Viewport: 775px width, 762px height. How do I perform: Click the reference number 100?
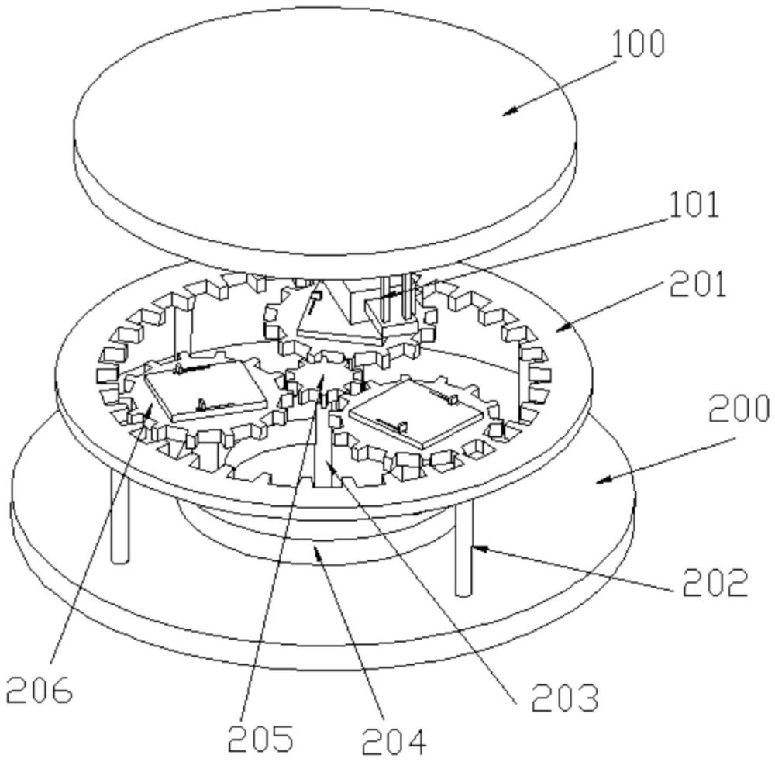[638, 46]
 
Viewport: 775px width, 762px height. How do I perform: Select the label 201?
[700, 286]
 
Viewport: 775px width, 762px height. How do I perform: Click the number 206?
[39, 688]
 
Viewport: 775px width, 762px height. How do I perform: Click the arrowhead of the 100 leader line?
[505, 113]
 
